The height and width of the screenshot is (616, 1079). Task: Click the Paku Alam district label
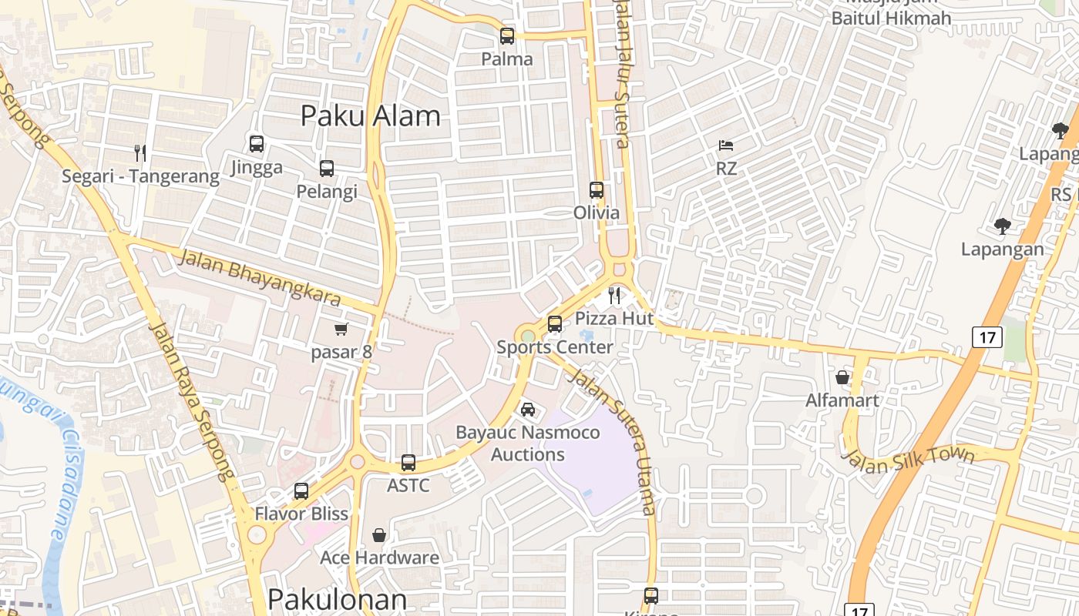(x=371, y=115)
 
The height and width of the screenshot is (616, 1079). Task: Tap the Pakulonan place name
(x=338, y=600)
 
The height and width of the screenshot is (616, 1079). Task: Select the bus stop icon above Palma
(x=507, y=35)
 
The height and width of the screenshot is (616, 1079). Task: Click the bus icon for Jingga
(x=257, y=143)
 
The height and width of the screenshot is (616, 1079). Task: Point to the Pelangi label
(x=327, y=192)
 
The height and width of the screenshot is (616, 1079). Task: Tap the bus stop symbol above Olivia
(x=597, y=189)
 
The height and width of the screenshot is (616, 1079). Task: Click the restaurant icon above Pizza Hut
(x=614, y=295)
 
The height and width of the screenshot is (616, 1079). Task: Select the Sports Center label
(x=555, y=347)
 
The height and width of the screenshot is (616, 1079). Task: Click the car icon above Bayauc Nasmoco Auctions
(x=528, y=409)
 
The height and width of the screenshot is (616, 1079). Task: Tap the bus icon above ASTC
(x=408, y=463)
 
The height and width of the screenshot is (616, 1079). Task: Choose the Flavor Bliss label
(x=301, y=514)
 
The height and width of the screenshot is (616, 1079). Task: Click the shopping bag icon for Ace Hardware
(x=379, y=534)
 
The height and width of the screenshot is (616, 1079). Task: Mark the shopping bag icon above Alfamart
(x=842, y=377)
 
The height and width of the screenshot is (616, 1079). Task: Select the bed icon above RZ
(x=726, y=145)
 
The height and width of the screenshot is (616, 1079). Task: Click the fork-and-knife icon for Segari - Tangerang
(x=139, y=152)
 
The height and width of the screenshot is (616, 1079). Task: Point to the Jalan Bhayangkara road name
(x=259, y=276)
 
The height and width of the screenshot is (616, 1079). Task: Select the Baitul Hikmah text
(x=891, y=18)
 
